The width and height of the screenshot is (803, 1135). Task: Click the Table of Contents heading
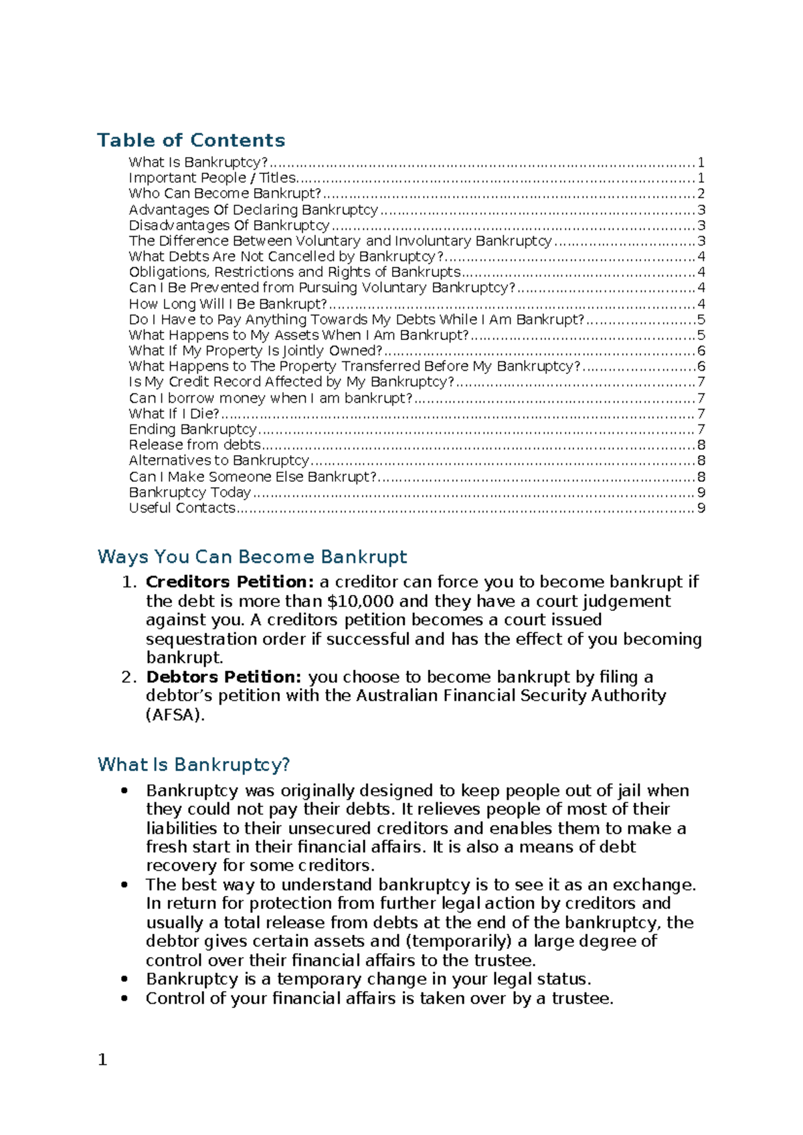191,140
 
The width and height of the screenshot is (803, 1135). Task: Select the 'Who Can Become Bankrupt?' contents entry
225,193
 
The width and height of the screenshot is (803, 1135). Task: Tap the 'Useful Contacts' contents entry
182,508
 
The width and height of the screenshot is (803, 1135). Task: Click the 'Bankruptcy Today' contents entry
189,493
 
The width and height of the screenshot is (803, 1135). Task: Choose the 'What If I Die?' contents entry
174,414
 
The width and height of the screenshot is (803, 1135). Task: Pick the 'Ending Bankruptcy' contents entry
193,429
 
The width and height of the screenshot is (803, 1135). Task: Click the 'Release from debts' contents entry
195,445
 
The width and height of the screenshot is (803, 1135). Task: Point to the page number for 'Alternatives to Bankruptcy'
701,460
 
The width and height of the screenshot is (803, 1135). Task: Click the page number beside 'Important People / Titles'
701,178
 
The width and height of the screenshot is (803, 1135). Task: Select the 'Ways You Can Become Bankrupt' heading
252,557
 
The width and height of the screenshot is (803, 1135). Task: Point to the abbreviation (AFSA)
175,715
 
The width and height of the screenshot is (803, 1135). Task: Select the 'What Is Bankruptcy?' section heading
193,764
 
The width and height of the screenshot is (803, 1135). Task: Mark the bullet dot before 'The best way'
124,885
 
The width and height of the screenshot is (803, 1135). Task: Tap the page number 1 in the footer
102,1059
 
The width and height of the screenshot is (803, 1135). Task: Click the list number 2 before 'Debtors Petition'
128,677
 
